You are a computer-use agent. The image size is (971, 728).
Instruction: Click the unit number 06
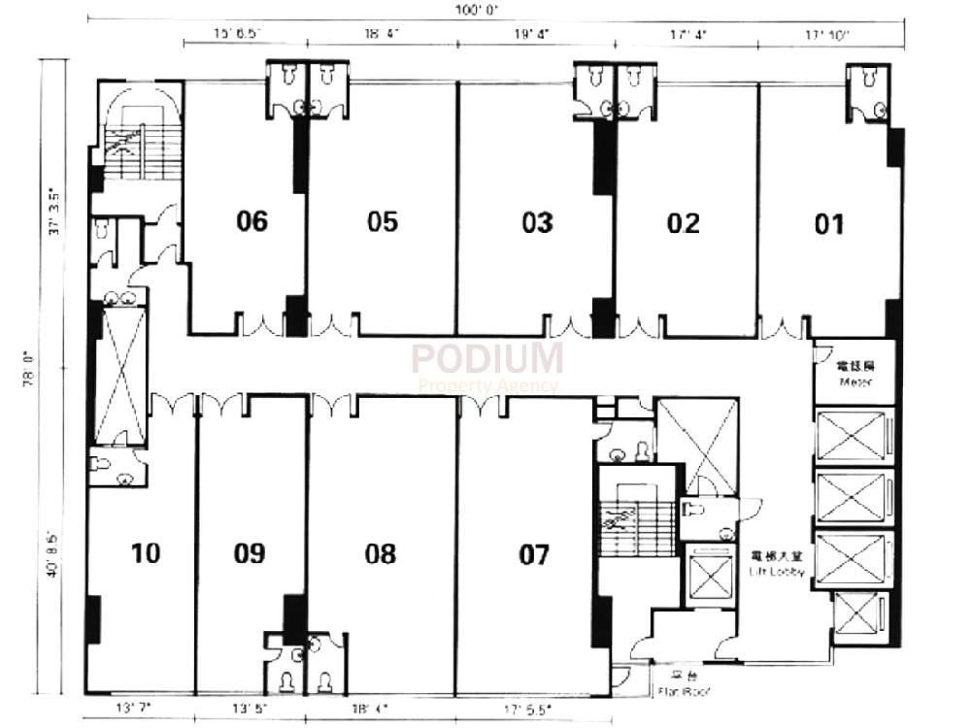coord(251,222)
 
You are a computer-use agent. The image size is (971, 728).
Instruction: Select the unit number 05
coord(383,222)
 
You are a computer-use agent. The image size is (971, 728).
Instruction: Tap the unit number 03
coord(537,222)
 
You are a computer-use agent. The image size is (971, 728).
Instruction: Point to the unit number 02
coord(683,223)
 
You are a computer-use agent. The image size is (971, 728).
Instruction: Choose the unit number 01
coord(828,224)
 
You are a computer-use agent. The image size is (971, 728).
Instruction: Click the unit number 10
coord(146,553)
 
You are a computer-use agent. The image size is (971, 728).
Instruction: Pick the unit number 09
coord(250,553)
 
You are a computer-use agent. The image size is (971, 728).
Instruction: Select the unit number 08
coord(381,553)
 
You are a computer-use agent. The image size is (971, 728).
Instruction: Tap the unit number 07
coord(534,554)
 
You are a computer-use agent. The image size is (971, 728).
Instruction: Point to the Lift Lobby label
coord(777,565)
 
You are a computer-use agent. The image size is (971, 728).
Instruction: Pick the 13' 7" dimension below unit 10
coord(131,706)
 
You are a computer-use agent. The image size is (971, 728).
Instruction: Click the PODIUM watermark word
coord(486,358)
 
